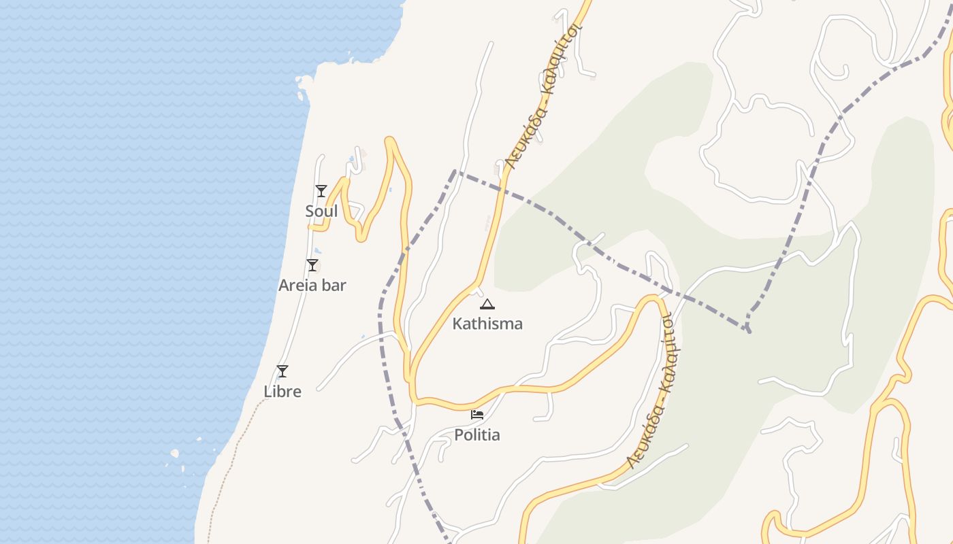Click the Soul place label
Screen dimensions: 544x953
tap(321, 211)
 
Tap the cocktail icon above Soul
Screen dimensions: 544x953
tap(321, 191)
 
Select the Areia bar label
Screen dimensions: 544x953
tap(312, 286)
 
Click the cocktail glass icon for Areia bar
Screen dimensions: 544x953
tap(312, 265)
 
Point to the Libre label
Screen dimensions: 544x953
tap(282, 392)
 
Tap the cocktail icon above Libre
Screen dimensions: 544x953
tap(282, 371)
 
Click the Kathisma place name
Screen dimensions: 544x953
tap(487, 324)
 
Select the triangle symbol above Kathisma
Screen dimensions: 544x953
tap(487, 304)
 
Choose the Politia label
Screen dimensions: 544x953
tap(477, 435)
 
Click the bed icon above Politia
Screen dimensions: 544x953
tap(477, 414)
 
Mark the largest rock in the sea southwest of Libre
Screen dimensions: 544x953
tap(175, 453)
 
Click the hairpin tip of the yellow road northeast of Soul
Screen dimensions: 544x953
tap(390, 141)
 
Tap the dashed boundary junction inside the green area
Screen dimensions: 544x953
tap(748, 330)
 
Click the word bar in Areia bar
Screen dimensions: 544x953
tap(333, 286)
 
